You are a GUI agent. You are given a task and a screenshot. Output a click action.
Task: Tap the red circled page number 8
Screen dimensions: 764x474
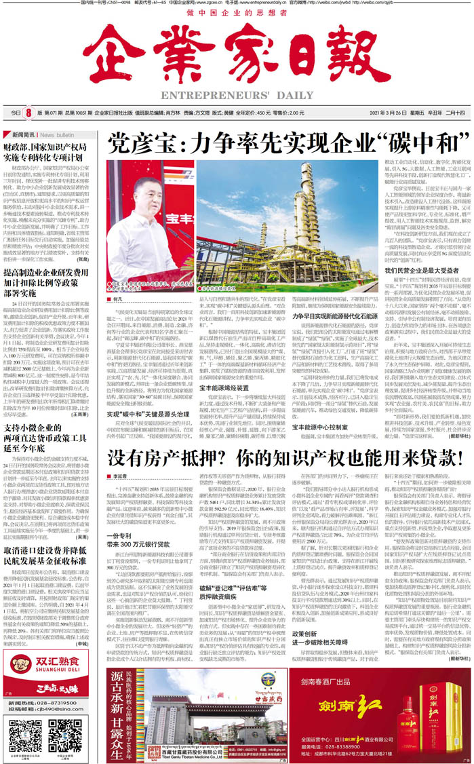pos(29,113)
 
